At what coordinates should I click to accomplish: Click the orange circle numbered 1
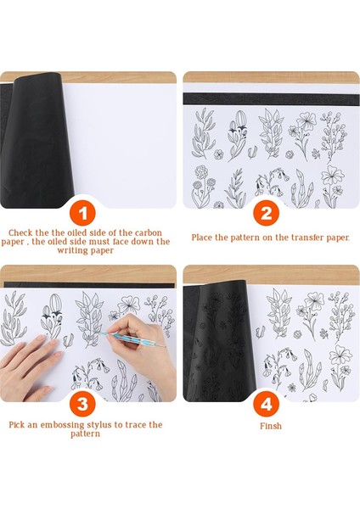point(82,213)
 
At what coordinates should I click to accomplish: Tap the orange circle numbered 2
point(267,213)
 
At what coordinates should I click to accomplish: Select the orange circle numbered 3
point(82,404)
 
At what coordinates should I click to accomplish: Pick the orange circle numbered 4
point(267,404)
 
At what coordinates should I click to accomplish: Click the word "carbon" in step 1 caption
point(148,232)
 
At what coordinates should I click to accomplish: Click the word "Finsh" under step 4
point(271,426)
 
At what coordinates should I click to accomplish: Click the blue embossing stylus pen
point(132,339)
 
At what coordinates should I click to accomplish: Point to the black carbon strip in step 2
point(272,98)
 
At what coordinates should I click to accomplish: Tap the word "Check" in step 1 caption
point(20,232)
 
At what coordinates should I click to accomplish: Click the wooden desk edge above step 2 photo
point(272,77)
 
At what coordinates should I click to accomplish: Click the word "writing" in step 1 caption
point(71,250)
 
